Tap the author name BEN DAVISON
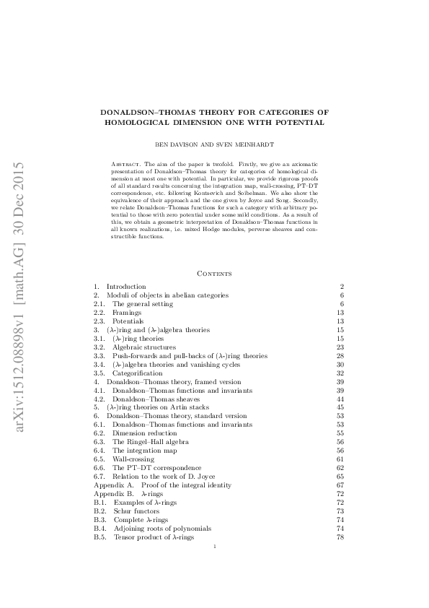point(176,144)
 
